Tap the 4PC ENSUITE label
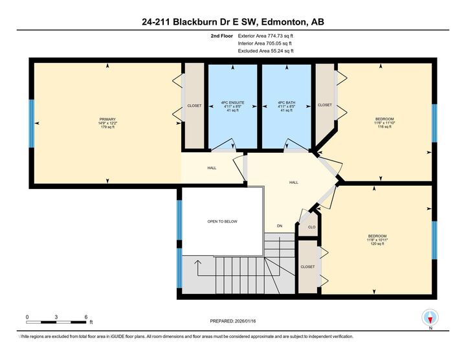click(x=233, y=102)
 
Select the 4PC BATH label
click(x=286, y=102)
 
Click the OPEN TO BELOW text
click(x=222, y=221)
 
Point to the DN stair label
click(x=280, y=226)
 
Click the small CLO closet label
click(x=311, y=227)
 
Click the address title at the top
click(x=233, y=22)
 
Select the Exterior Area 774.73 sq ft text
click(x=266, y=36)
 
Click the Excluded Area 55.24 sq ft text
click(x=266, y=51)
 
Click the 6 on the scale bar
click(x=86, y=317)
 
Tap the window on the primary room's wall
click(x=31, y=123)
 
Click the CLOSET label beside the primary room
click(x=194, y=106)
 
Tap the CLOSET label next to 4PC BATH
click(x=325, y=105)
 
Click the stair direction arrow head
click(x=198, y=262)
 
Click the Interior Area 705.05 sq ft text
click(x=266, y=43)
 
